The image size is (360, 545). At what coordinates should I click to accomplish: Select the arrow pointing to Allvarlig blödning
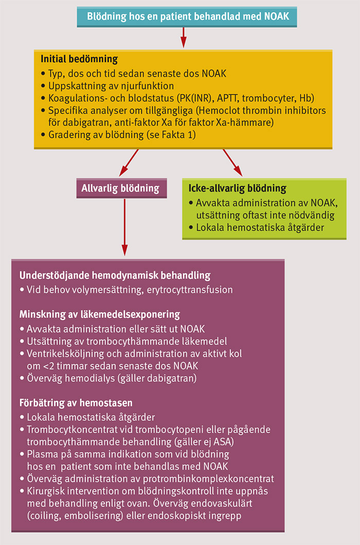click(x=130, y=161)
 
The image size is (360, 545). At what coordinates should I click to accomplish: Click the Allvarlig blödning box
click(x=120, y=188)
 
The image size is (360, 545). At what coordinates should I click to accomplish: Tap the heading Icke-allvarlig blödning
click(x=238, y=188)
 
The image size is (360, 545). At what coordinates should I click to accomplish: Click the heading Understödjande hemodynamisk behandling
click(x=115, y=276)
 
